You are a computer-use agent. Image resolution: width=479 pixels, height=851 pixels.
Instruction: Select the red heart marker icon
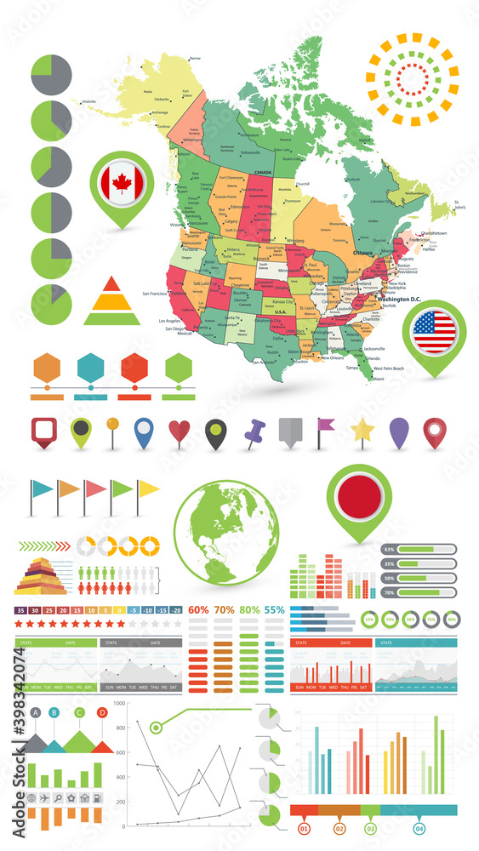point(180,431)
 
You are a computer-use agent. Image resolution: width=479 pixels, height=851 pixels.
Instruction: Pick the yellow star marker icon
point(363,430)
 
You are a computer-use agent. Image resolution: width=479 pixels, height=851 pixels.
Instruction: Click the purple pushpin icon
point(254,434)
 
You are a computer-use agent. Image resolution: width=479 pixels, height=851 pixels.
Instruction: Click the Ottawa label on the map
point(363,253)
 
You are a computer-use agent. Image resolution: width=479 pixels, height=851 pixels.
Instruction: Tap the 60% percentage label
point(198,610)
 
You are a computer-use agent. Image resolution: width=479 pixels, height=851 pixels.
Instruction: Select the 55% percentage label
point(275,610)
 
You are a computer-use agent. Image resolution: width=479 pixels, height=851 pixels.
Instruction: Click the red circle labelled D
point(102,712)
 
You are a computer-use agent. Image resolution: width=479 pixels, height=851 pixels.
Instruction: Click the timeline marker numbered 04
point(418,827)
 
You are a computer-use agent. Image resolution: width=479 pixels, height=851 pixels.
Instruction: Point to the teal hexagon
point(91,368)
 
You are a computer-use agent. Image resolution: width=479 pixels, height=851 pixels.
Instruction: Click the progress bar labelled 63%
point(424,550)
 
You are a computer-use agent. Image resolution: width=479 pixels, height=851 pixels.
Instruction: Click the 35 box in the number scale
point(21,610)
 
